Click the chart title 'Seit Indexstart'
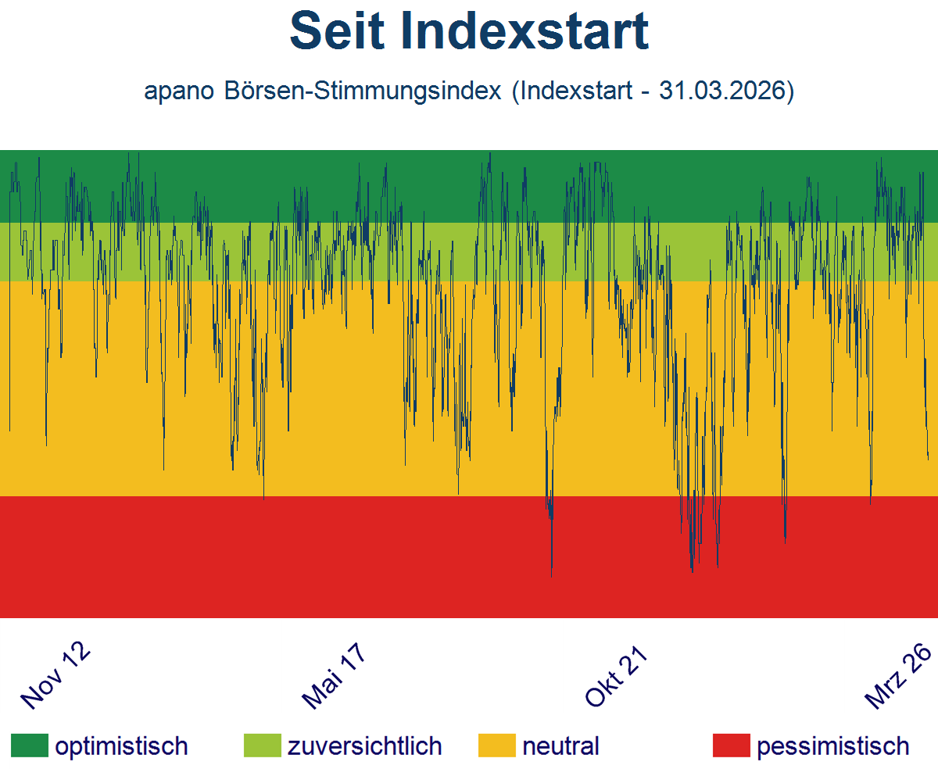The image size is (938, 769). pos(469,32)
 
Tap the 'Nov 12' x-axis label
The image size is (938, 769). pos(55,676)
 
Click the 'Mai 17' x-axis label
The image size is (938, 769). pos(335,678)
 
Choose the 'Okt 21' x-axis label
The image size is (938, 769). pos(618,677)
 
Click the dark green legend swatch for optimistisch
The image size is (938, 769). pos(29,746)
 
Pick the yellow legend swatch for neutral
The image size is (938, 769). pos(497,746)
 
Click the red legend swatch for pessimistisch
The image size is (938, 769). pos(732,746)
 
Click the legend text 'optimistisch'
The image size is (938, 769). pos(121,746)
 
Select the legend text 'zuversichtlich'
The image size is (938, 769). pos(365,746)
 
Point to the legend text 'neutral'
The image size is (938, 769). pos(560,746)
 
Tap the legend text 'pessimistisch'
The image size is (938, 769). pos(833,746)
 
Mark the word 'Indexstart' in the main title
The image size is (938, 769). pos(524,32)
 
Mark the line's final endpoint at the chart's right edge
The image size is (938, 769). pos(928,460)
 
